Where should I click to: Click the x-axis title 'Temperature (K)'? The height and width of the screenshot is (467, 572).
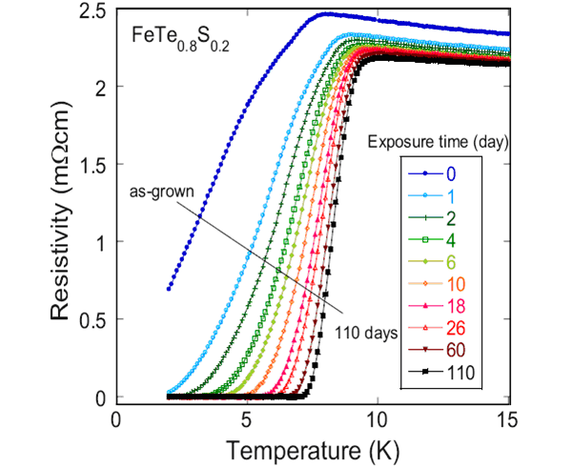coord(313,448)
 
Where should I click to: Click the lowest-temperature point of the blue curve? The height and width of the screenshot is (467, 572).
coord(169,288)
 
